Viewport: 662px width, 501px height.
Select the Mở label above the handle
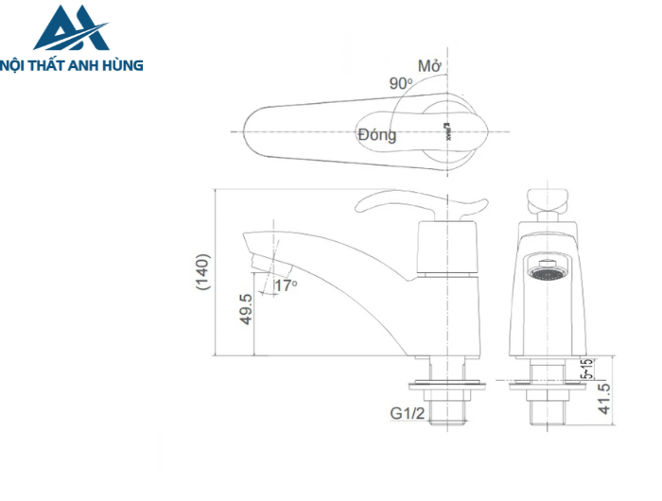coord(430,66)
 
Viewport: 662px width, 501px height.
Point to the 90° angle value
coord(400,83)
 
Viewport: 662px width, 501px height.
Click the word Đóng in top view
coord(376,134)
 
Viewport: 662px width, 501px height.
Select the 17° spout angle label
coord(285,285)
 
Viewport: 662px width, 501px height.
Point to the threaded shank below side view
coord(446,411)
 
